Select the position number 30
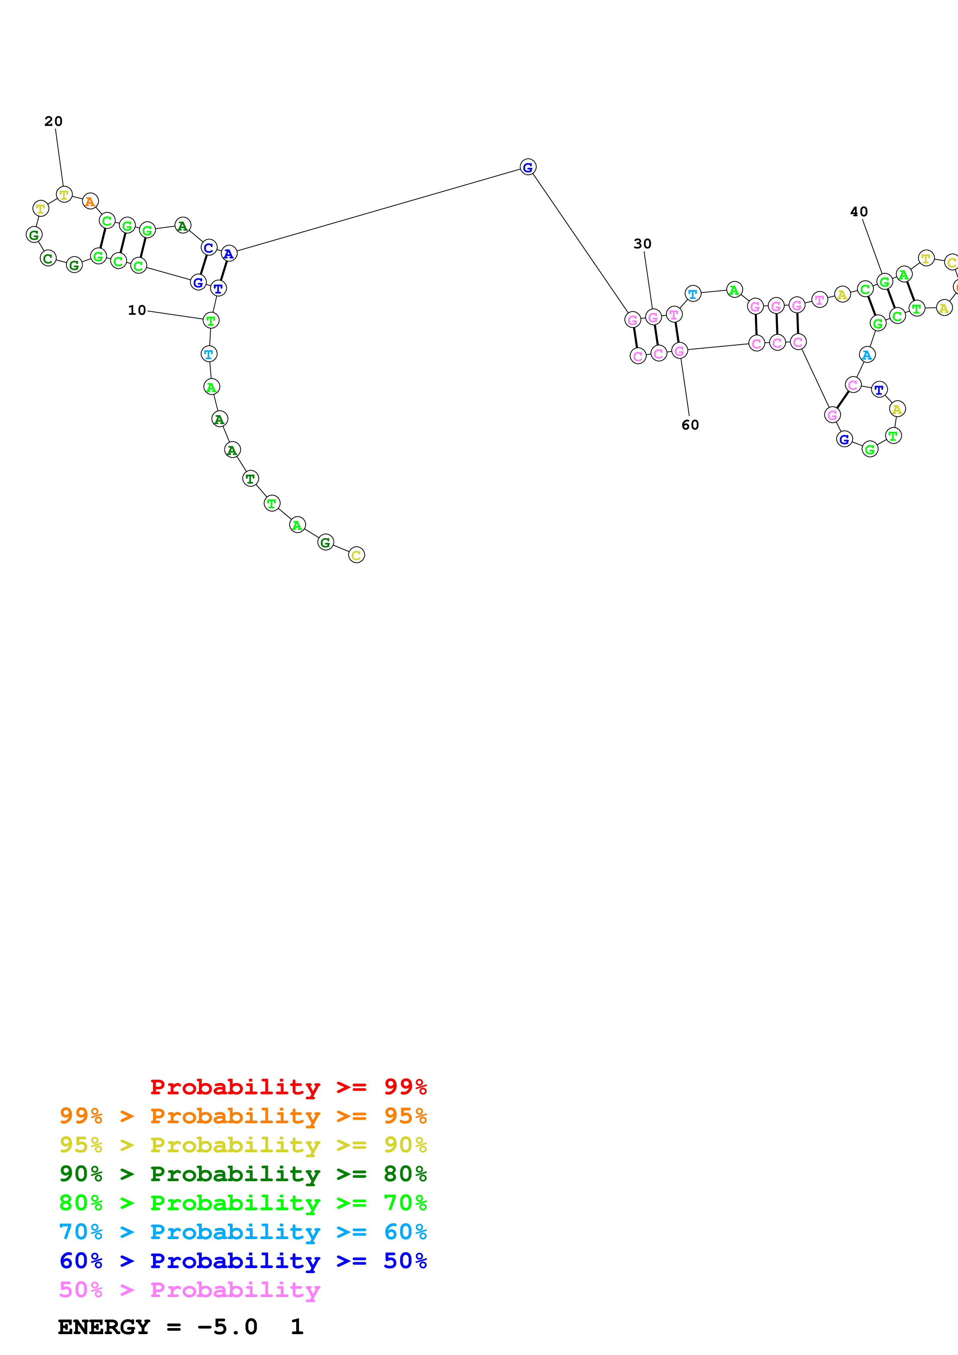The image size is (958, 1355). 642,244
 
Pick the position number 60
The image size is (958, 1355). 690,425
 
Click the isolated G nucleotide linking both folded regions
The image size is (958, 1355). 528,168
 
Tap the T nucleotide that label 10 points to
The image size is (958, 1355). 211,321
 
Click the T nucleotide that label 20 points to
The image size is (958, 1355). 64,194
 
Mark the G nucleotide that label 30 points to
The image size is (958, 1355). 653,318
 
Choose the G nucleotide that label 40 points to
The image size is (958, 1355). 884,282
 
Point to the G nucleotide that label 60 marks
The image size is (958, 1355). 679,351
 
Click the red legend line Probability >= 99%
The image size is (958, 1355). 288,1087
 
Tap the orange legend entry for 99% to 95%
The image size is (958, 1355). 243,1116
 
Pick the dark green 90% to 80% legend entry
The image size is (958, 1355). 243,1174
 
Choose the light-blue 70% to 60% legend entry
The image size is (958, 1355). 243,1232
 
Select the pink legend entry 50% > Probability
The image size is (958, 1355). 189,1289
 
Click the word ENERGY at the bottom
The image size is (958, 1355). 104,1327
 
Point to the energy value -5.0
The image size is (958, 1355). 227,1327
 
